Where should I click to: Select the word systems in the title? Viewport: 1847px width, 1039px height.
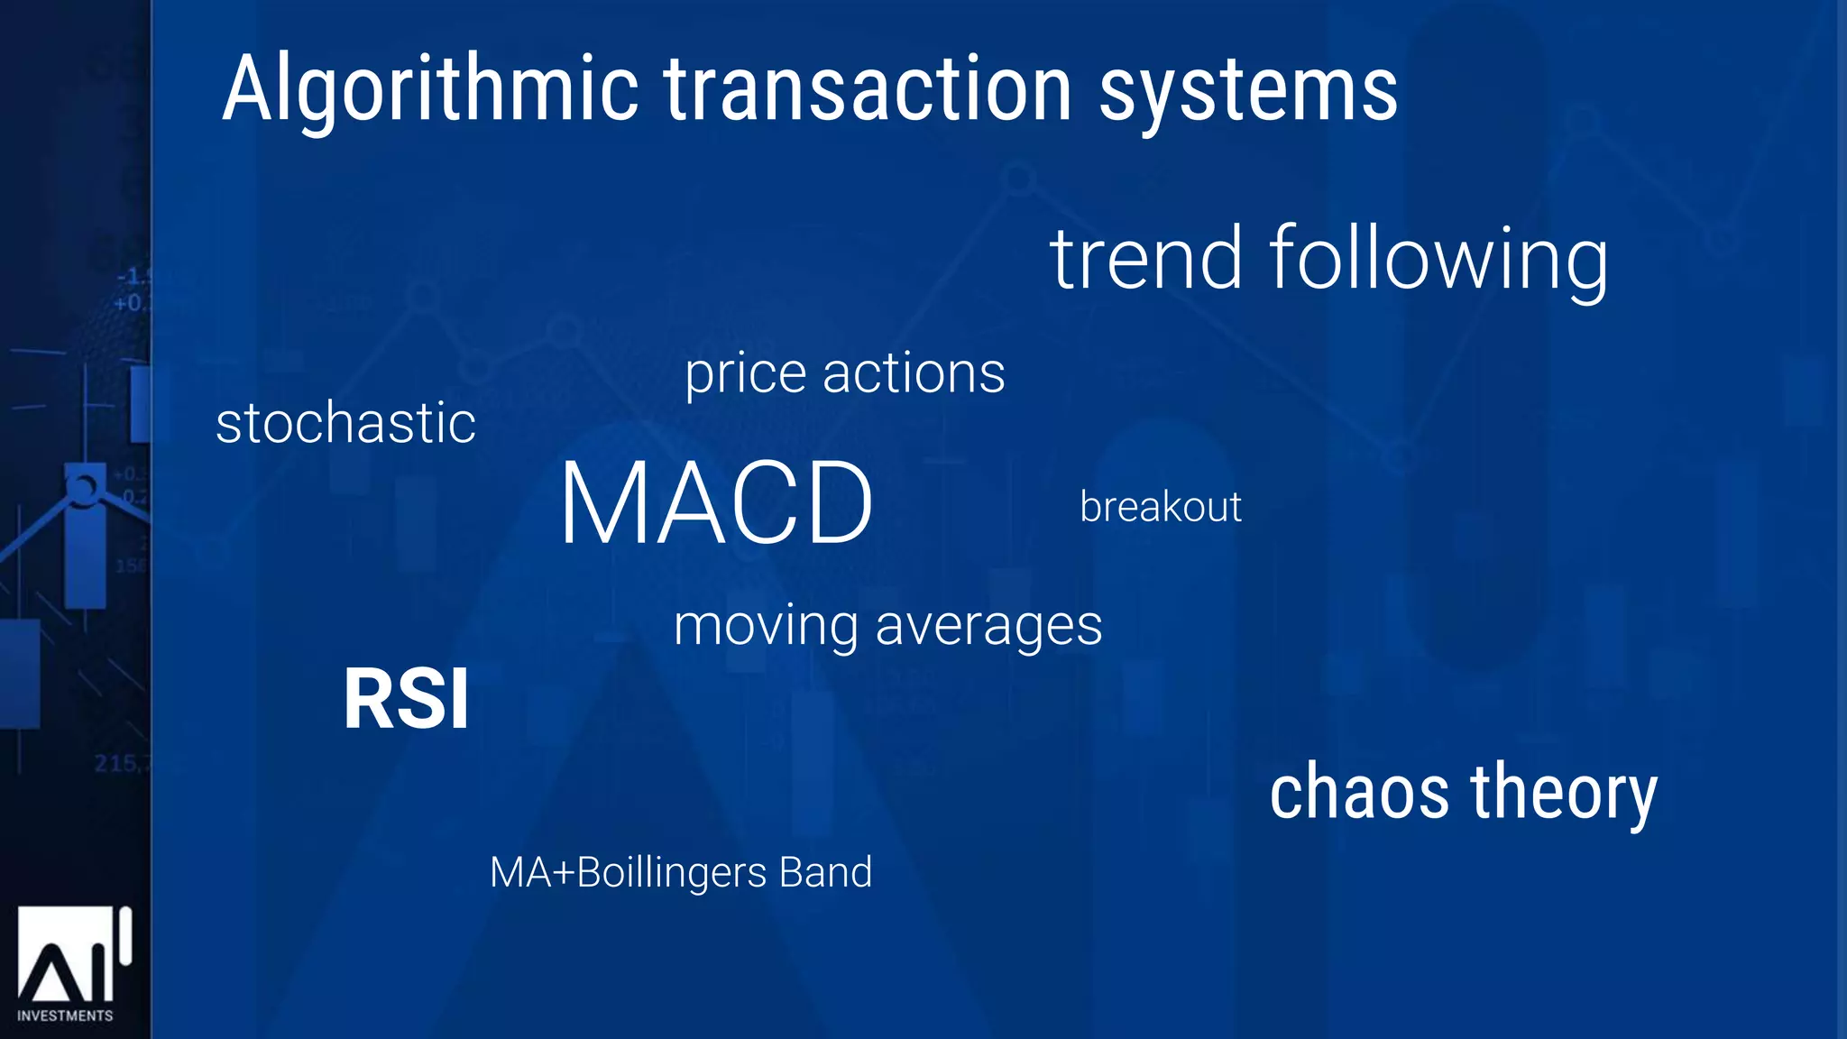pyautogui.click(x=1248, y=90)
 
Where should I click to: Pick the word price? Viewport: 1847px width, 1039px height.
pyautogui.click(x=745, y=374)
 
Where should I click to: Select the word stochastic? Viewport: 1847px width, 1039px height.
pyautogui.click(x=345, y=423)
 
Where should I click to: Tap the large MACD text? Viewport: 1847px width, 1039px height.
pyautogui.click(x=716, y=503)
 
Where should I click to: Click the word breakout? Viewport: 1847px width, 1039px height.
pyautogui.click(x=1161, y=507)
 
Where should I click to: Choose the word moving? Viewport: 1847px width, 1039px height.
pyautogui.click(x=766, y=626)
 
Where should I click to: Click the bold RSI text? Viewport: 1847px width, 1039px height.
pyautogui.click(x=407, y=699)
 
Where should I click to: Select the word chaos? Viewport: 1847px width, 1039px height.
pyautogui.click(x=1359, y=792)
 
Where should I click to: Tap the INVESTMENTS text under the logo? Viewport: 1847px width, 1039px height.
pyautogui.click(x=65, y=1016)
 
